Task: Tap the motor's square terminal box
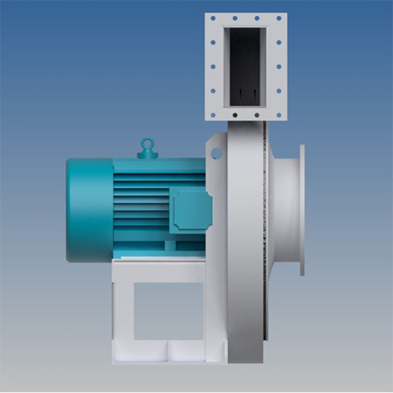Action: point(191,209)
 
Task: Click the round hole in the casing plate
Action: point(215,153)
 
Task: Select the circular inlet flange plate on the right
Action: point(302,210)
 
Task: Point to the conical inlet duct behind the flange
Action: point(285,210)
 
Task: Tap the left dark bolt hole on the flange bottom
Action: point(234,114)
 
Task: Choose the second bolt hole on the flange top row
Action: point(234,18)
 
